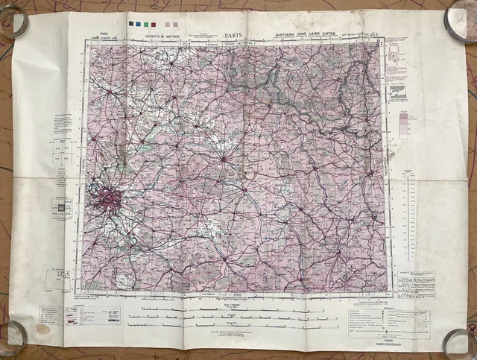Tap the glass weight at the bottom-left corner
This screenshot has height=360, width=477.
click(x=13, y=336)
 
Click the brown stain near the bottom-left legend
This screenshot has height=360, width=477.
click(x=44, y=329)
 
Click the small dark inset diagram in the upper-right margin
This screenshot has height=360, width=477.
click(x=398, y=92)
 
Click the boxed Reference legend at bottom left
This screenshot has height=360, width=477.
click(x=92, y=315)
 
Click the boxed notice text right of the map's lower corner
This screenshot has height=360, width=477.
click(x=416, y=284)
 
